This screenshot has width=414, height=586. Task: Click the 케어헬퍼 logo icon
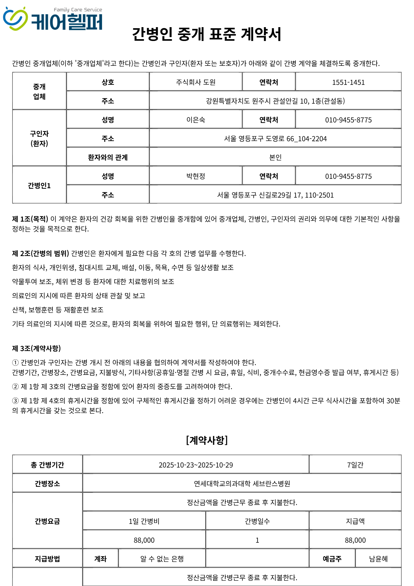pyautogui.click(x=15, y=19)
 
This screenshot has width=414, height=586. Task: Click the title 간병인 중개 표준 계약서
pyautogui.click(x=207, y=34)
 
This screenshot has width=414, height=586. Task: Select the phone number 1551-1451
pyautogui.click(x=348, y=82)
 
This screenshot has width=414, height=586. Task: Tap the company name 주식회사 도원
pyautogui.click(x=196, y=82)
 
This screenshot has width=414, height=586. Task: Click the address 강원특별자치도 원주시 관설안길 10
pyautogui.click(x=275, y=101)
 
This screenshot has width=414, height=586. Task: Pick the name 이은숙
pyautogui.click(x=196, y=120)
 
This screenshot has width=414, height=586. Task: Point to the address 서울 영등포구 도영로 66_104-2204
pyautogui.click(x=275, y=139)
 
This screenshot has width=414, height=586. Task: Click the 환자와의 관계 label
pyautogui.click(x=108, y=157)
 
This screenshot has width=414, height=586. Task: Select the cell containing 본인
pyautogui.click(x=275, y=157)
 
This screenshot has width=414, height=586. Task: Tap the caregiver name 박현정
pyautogui.click(x=196, y=176)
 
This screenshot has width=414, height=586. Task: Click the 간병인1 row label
pyautogui.click(x=39, y=186)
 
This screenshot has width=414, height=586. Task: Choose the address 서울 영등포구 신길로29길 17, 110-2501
pyautogui.click(x=275, y=195)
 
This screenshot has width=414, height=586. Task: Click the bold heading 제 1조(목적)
pyautogui.click(x=30, y=219)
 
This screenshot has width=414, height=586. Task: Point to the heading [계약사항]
pyautogui.click(x=207, y=440)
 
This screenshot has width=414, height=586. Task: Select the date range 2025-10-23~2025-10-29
pyautogui.click(x=196, y=465)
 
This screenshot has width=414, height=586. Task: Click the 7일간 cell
pyautogui.click(x=355, y=465)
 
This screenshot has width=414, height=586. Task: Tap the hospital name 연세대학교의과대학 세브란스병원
pyautogui.click(x=242, y=484)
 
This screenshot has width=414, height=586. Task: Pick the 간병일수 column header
pyautogui.click(x=257, y=521)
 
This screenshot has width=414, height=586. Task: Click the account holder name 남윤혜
pyautogui.click(x=378, y=559)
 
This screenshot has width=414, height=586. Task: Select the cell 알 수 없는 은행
pyautogui.click(x=162, y=559)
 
